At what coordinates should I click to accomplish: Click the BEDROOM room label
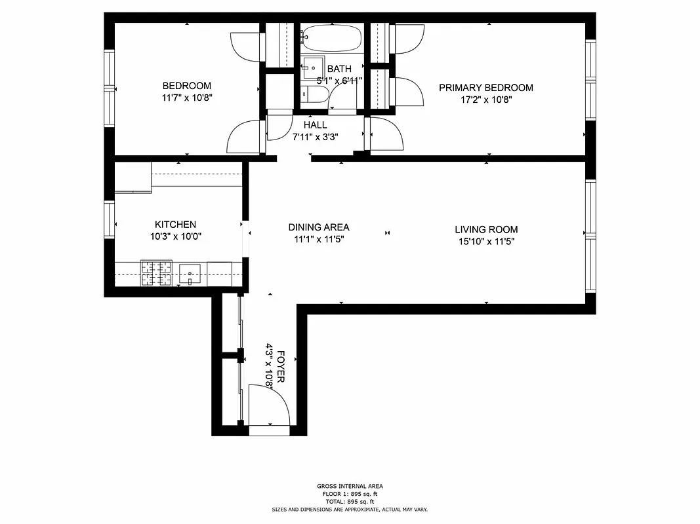[187, 86]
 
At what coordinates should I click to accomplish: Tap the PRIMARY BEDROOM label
[485, 88]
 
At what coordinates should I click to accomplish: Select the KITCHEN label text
[175, 225]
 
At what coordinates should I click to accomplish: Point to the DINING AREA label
[319, 227]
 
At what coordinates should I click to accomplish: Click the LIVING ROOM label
[486, 229]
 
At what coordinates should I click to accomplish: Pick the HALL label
[315, 125]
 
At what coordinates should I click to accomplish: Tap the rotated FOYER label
[281, 367]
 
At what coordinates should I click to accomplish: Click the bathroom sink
[313, 67]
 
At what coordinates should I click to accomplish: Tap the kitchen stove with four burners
[156, 273]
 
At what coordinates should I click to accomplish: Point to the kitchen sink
[190, 273]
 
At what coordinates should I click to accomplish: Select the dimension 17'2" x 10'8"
[485, 100]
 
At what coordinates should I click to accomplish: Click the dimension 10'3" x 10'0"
[175, 237]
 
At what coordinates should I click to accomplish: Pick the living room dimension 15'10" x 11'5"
[486, 242]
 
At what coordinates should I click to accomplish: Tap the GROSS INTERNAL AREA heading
[350, 486]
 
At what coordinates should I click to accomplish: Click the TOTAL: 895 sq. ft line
[350, 501]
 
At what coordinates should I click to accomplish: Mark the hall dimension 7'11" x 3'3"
[315, 137]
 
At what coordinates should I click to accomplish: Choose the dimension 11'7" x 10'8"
[187, 98]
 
